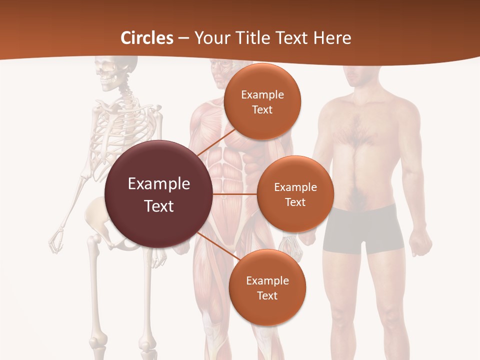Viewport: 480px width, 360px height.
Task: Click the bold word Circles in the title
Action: [147, 38]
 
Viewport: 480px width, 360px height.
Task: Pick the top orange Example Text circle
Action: [262, 101]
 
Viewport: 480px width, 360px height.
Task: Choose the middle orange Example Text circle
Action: [295, 194]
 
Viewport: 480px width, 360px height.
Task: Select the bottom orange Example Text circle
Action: [267, 287]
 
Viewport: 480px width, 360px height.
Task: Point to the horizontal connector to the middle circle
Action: [235, 194]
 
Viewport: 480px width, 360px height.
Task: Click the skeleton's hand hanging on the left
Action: [56, 240]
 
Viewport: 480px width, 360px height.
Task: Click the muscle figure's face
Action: [220, 75]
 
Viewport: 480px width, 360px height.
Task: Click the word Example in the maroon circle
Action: [159, 184]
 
